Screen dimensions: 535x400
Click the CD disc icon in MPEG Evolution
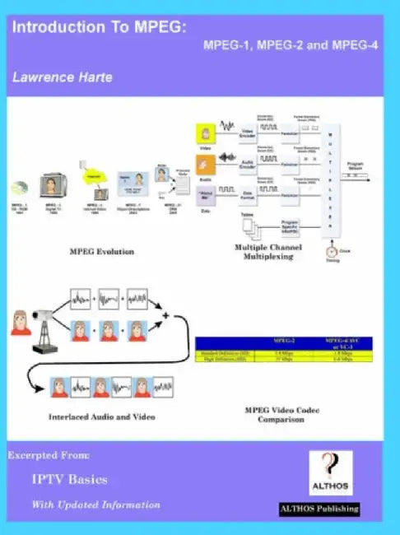(x=19, y=187)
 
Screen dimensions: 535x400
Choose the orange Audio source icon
(x=206, y=163)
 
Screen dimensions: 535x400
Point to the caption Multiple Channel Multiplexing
(x=268, y=252)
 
